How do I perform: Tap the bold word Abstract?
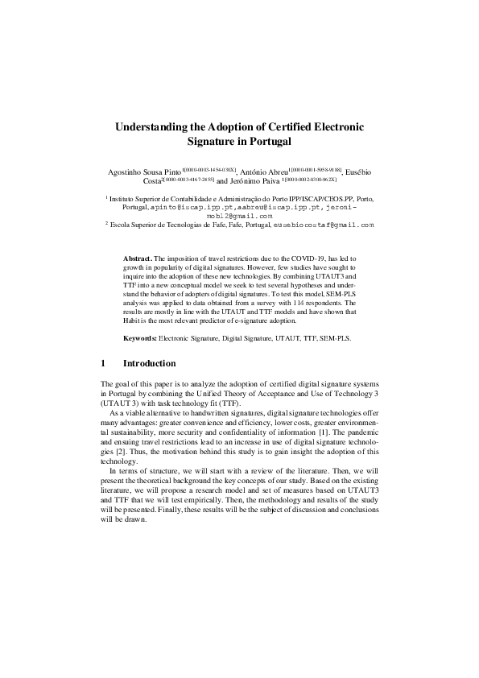coord(137,255)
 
